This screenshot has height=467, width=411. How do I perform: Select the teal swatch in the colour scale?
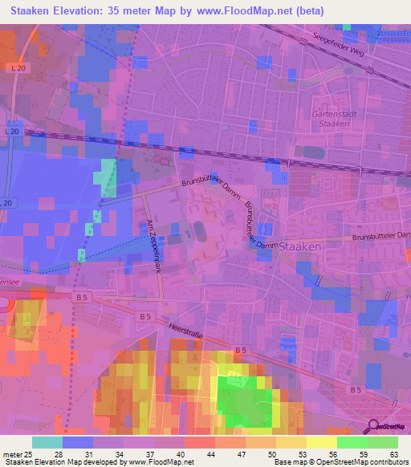pyautogui.click(x=47, y=442)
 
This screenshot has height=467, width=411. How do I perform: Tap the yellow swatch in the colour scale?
pyautogui.click(x=322, y=442)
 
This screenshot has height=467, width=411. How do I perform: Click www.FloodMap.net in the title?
pyautogui.click(x=270, y=10)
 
